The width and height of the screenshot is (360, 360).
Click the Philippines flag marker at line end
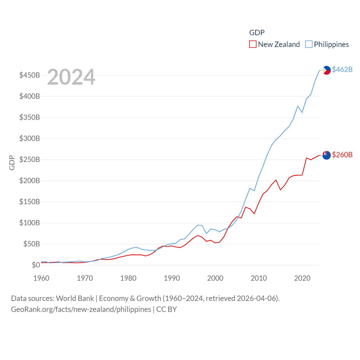click(327, 70)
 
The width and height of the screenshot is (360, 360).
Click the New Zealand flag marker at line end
click(327, 155)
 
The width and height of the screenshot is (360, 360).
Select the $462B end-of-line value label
click(342, 69)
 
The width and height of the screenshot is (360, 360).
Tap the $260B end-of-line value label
click(342, 155)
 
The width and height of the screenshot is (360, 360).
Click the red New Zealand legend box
click(253, 44)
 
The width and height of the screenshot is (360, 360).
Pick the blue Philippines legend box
click(309, 44)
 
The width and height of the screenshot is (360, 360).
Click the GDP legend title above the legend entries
click(257, 33)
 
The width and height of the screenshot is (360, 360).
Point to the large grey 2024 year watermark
click(71, 77)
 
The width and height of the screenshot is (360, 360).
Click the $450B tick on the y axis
click(30, 75)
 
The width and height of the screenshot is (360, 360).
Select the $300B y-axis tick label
click(30, 138)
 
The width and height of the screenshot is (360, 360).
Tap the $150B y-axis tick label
click(30, 202)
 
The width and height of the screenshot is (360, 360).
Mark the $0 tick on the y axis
click(36, 265)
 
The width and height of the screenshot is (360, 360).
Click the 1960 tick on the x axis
click(41, 278)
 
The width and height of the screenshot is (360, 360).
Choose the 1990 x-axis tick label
click(172, 278)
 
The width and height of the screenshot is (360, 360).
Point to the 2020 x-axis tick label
click(302, 278)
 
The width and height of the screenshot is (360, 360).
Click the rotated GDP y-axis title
click(12, 163)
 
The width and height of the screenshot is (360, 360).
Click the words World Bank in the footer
click(75, 298)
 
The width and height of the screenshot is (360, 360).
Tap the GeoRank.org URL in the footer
click(81, 309)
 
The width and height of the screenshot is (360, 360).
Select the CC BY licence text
click(166, 309)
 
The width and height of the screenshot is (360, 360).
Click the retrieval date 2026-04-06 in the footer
click(257, 298)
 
